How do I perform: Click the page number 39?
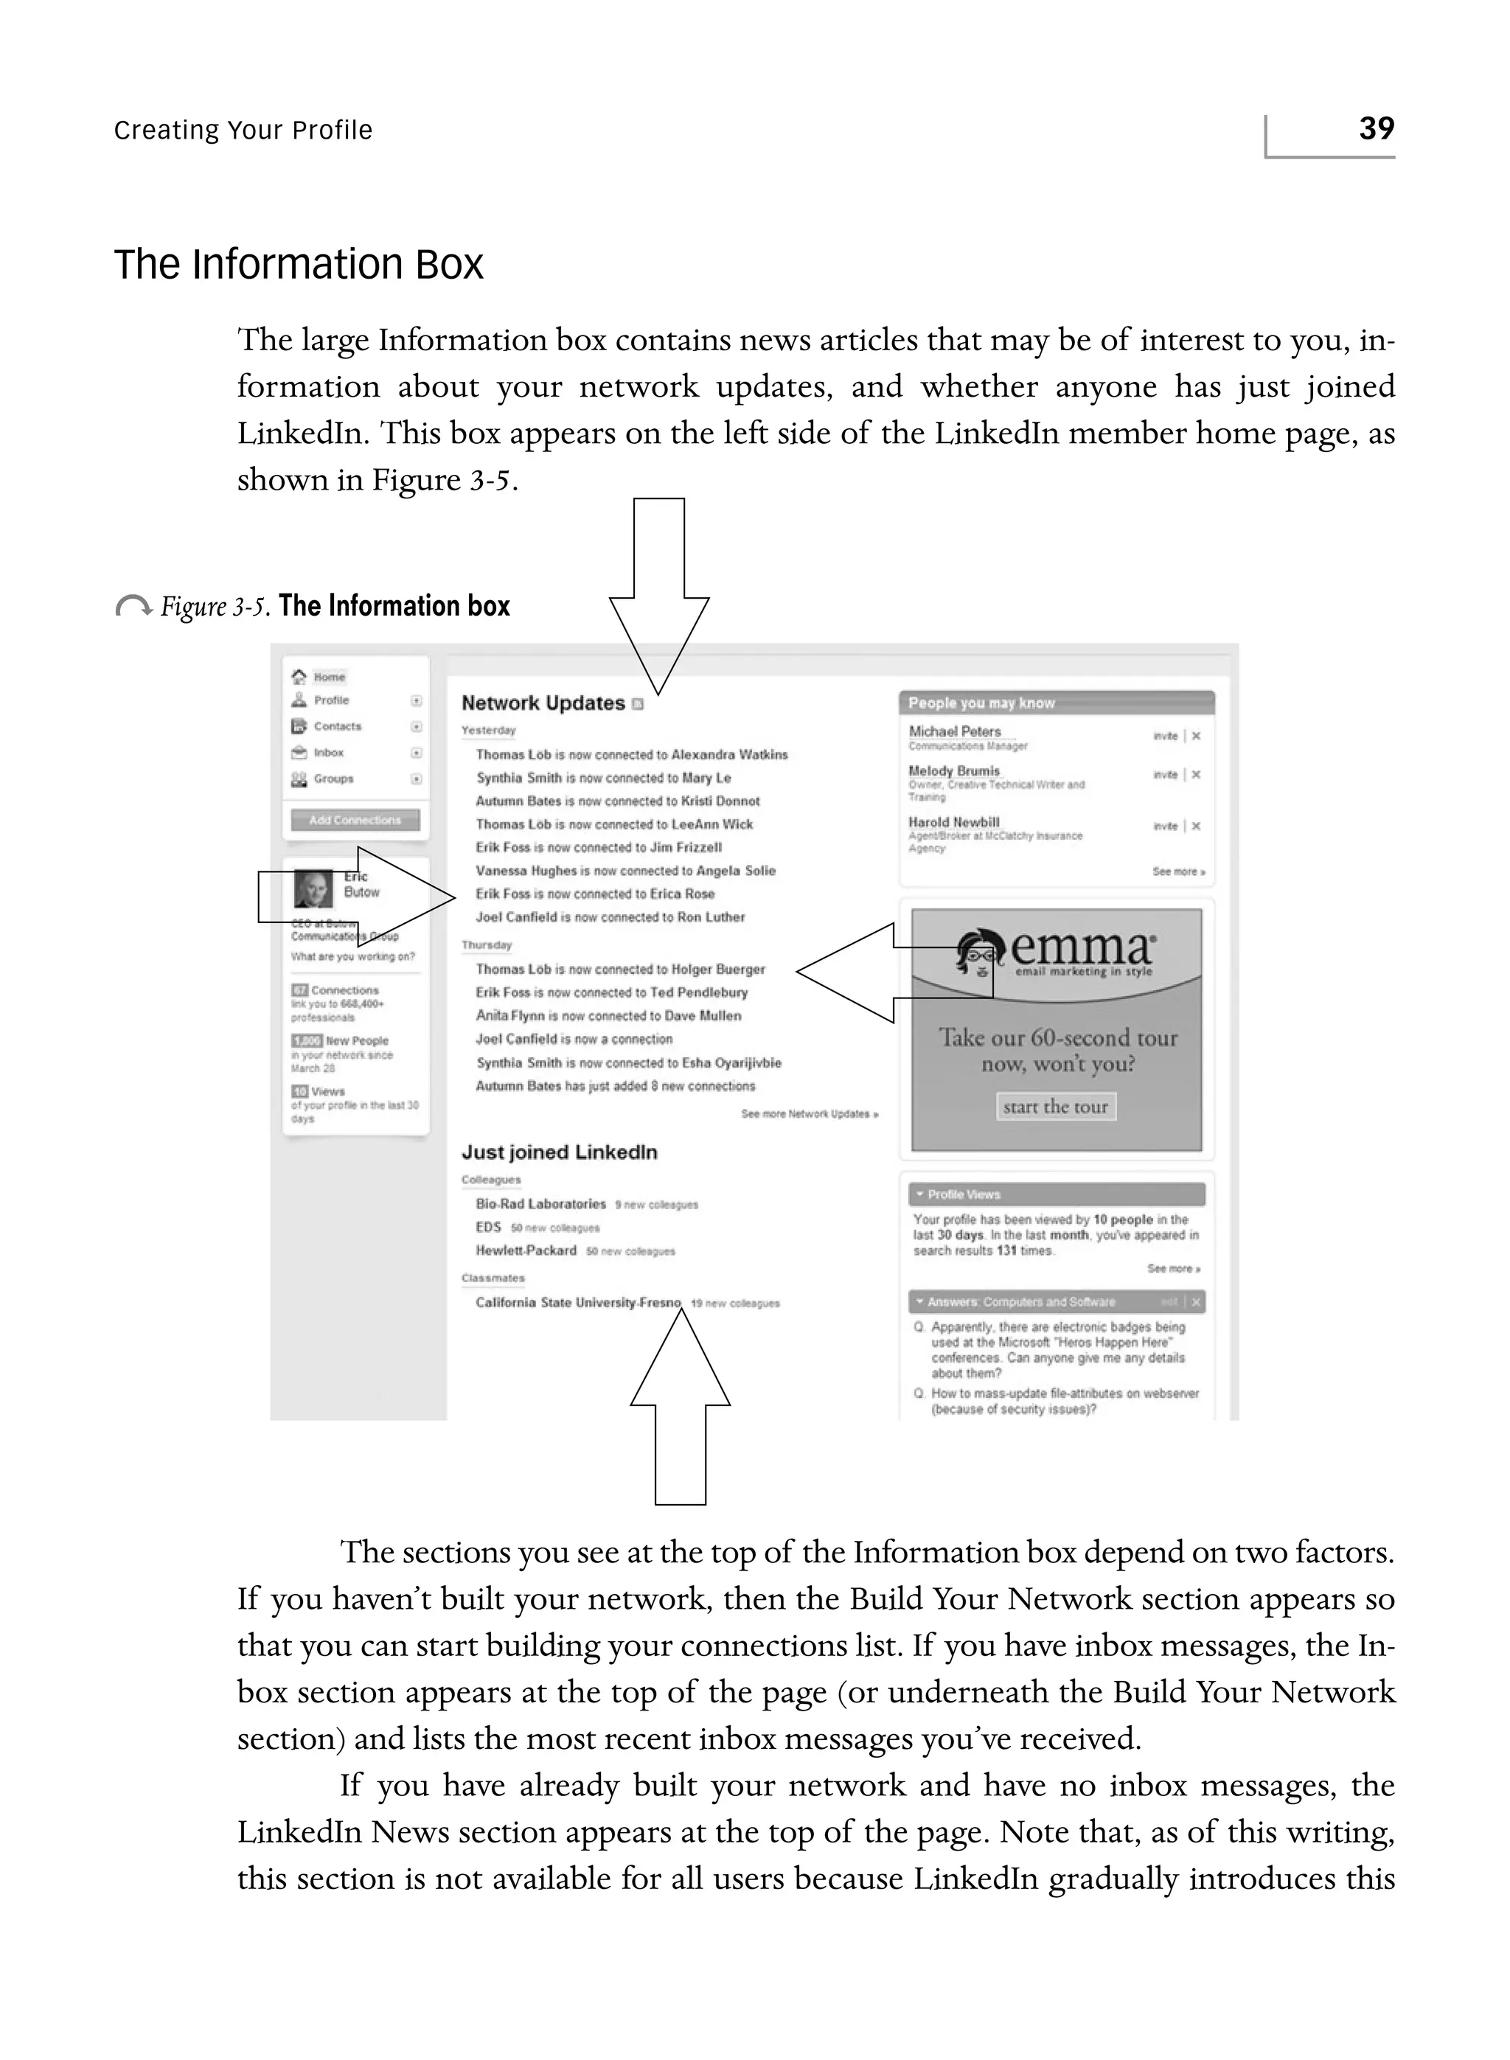[1376, 128]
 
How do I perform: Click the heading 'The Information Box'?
[298, 265]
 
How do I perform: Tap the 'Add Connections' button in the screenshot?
[355, 820]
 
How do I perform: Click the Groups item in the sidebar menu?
[333, 779]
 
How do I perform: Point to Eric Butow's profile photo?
[313, 888]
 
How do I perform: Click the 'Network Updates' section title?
[543, 703]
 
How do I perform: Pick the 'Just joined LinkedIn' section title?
[560, 1152]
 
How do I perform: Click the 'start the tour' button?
[1055, 1107]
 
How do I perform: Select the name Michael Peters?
[954, 731]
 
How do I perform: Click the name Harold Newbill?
[953, 821]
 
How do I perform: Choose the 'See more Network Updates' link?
[809, 1114]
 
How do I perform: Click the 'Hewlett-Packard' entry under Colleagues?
[526, 1250]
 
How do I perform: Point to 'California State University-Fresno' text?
[577, 1302]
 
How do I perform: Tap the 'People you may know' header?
[981, 703]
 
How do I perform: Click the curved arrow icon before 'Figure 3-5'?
[133, 606]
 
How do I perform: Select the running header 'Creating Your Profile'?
[243, 131]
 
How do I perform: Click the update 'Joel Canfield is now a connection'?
[574, 1039]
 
